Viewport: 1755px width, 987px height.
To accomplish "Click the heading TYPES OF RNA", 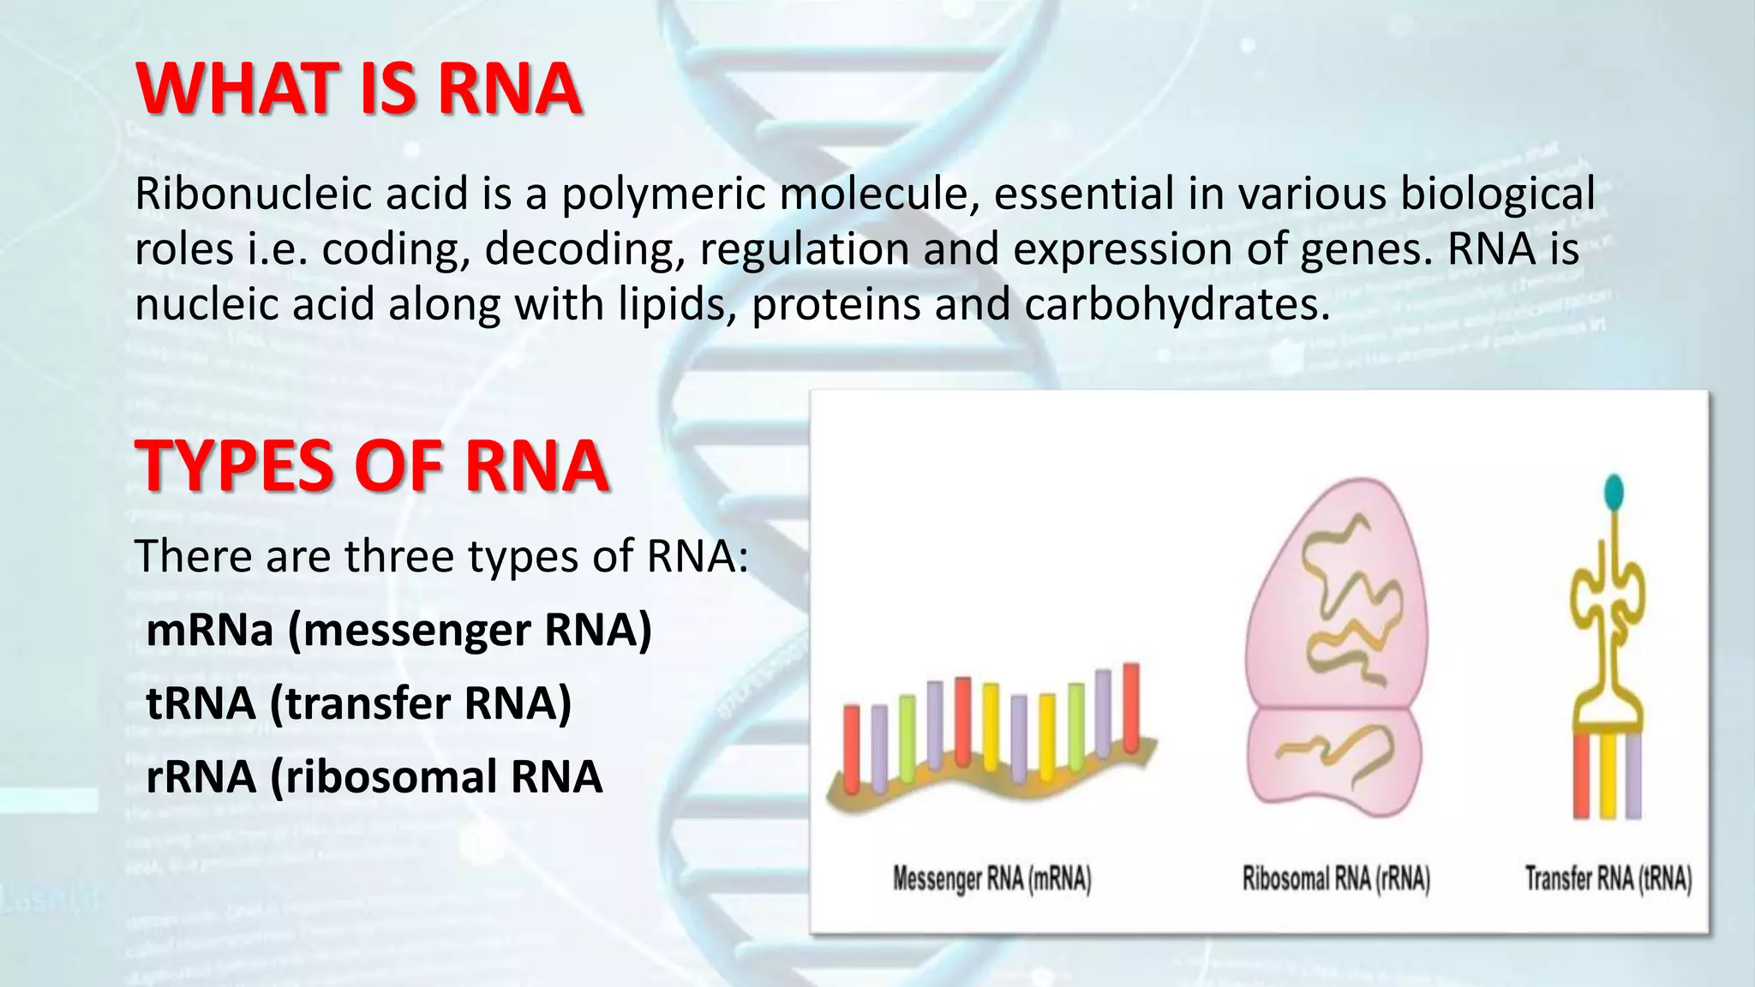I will pyautogui.click(x=372, y=466).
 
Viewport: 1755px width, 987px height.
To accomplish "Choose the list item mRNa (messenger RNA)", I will pyautogui.click(x=398, y=631).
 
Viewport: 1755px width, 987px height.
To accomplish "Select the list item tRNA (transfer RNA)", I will pyautogui.click(x=358, y=703).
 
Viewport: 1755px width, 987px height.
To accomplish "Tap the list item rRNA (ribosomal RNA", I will pyautogui.click(x=374, y=777).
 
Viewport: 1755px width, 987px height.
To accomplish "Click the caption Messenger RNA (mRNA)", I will pyautogui.click(x=991, y=880).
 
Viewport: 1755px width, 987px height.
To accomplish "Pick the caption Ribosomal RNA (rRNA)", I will pyautogui.click(x=1336, y=880).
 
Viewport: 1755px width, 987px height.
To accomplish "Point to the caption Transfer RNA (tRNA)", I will pyautogui.click(x=1608, y=880).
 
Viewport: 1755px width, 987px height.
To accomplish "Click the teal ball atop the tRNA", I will pyautogui.click(x=1614, y=491).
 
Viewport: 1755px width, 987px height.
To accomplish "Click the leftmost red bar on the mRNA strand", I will pyautogui.click(x=851, y=748).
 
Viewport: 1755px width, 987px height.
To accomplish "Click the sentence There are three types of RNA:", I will pyautogui.click(x=441, y=556).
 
